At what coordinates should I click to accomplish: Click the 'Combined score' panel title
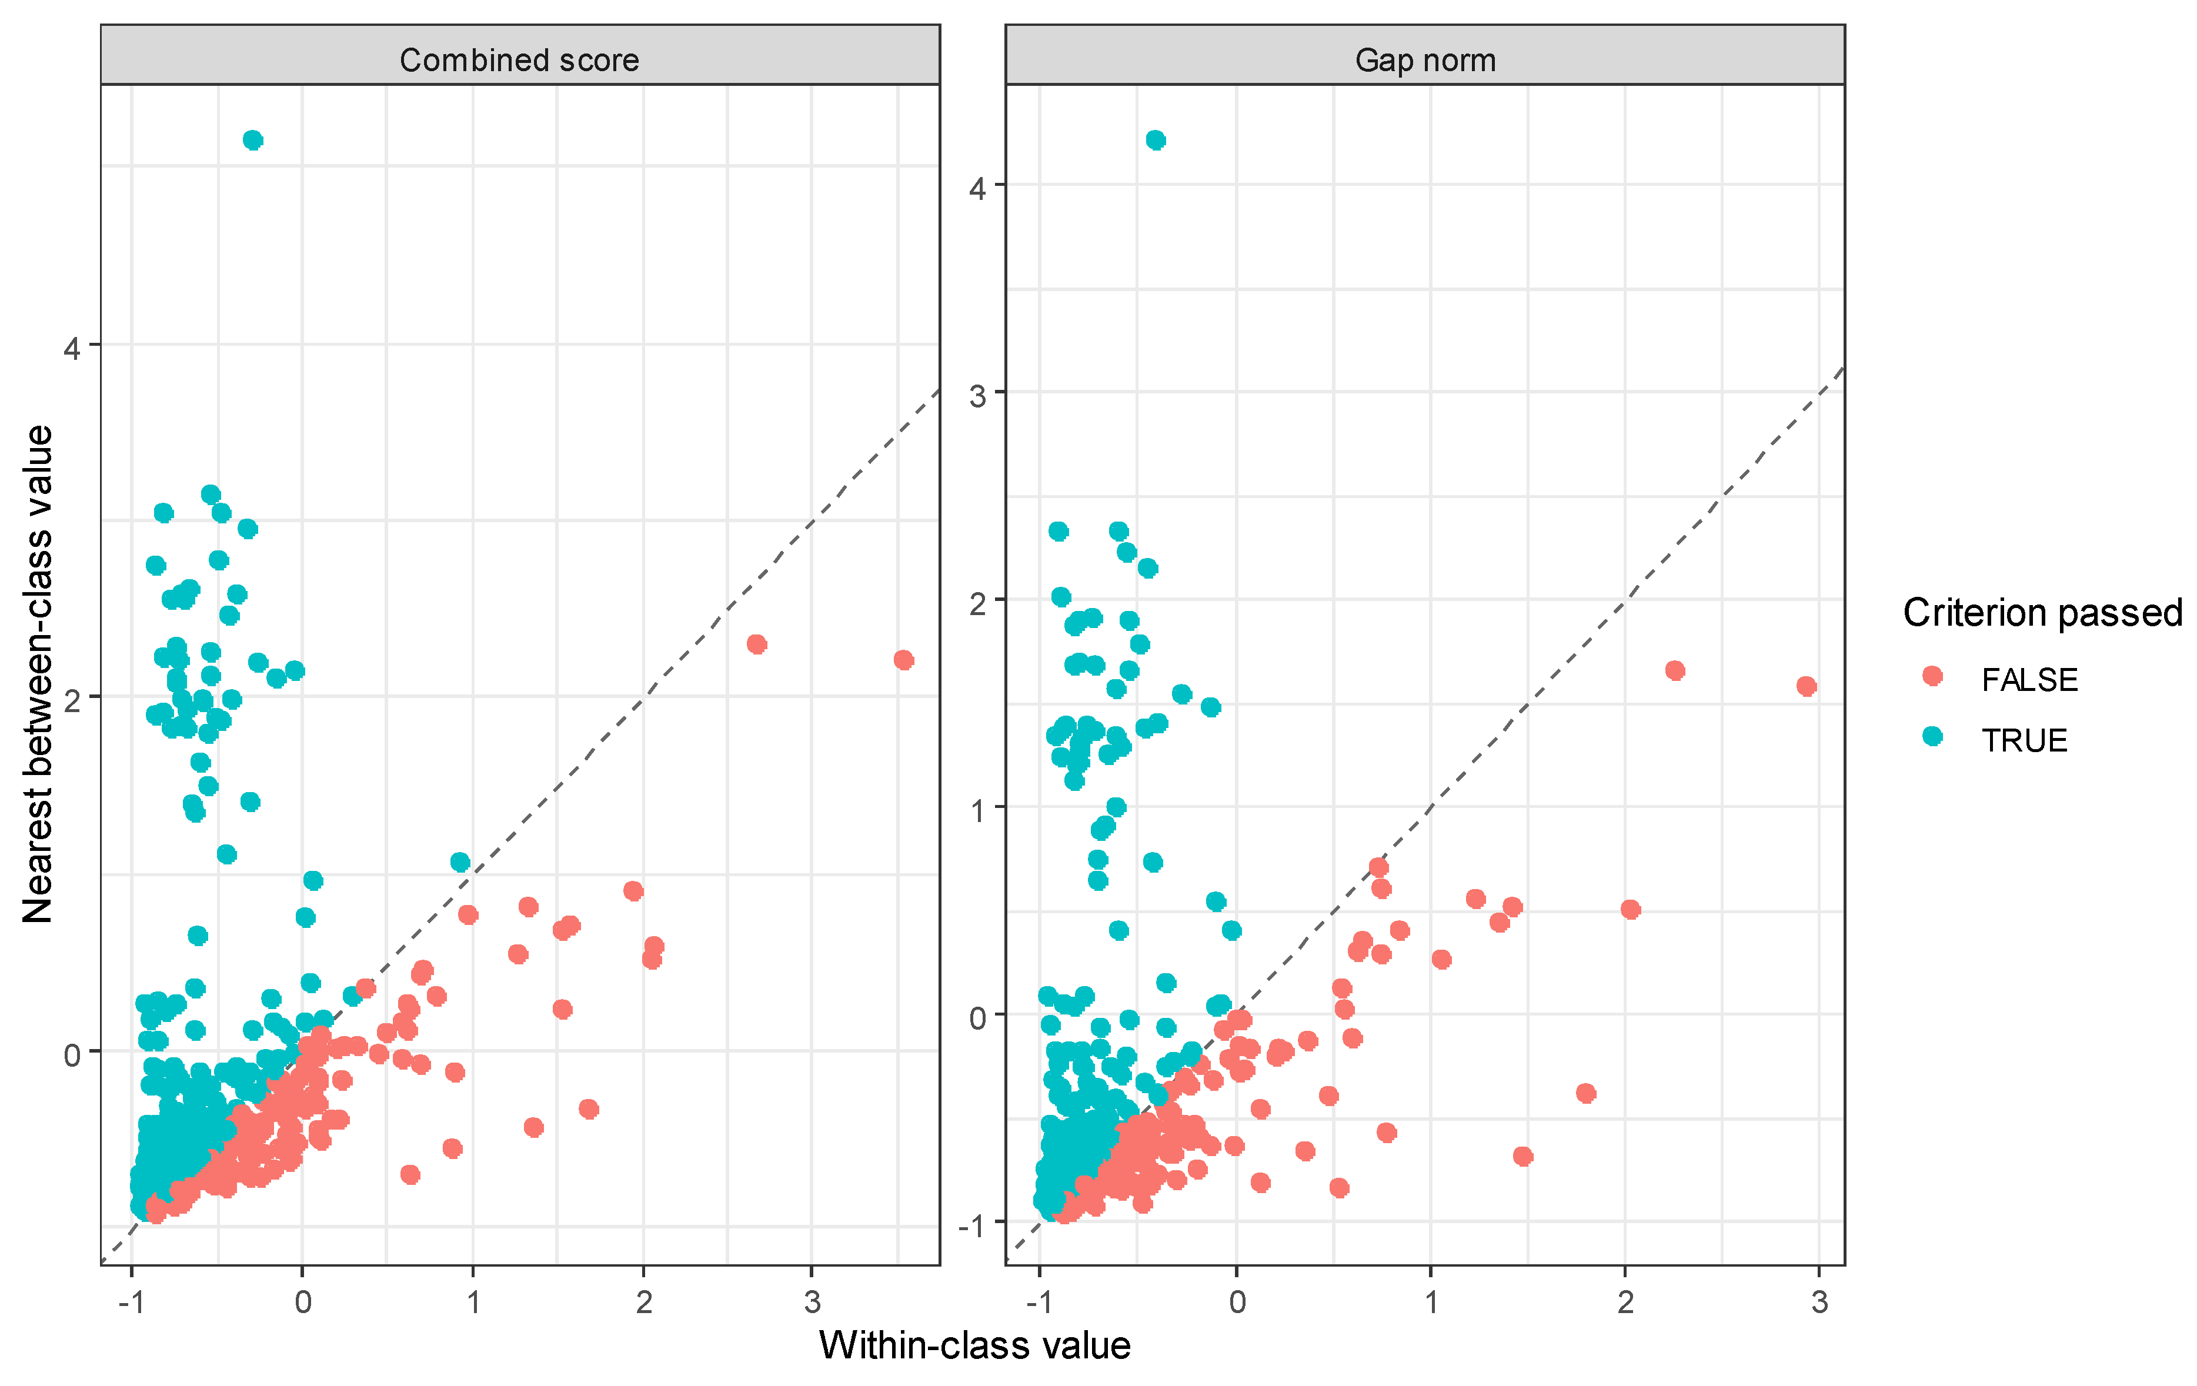[x=519, y=60]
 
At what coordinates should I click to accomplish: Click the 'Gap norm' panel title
[x=1425, y=60]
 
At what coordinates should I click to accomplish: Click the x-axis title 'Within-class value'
[x=974, y=1345]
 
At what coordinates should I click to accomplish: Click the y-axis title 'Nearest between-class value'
[x=38, y=674]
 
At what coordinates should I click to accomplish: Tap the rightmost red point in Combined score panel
[x=903, y=660]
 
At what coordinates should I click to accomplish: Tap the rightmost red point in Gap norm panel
[x=1805, y=686]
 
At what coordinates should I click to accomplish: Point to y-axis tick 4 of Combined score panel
[x=72, y=348]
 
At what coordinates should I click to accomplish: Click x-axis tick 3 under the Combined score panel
[x=812, y=1302]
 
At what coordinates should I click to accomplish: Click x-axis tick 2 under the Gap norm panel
[x=1625, y=1302]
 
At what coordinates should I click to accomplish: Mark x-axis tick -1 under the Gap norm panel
[x=1039, y=1302]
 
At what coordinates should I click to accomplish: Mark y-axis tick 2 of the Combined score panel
[x=72, y=700]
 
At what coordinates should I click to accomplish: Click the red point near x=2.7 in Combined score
[x=756, y=644]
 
